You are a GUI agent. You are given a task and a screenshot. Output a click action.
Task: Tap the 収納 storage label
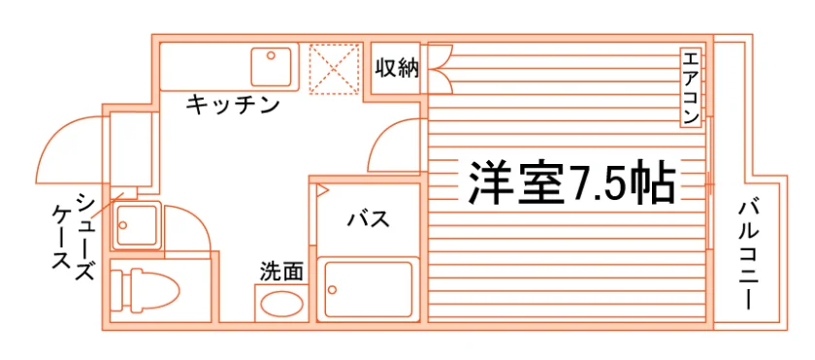coord(397,68)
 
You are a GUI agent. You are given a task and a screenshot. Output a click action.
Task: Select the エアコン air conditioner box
coord(691,87)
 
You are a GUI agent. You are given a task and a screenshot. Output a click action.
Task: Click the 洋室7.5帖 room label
coord(571,182)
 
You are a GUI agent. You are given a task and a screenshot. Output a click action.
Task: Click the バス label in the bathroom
coord(369,219)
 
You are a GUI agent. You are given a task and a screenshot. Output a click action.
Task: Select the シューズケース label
coord(74,237)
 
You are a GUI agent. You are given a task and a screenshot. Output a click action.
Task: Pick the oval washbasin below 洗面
coord(280,304)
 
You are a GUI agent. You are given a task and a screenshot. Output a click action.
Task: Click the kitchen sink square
coord(271,67)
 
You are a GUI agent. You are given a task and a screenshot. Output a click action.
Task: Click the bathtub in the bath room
coord(368,289)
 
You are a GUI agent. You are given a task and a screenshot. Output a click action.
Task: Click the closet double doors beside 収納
coord(440,69)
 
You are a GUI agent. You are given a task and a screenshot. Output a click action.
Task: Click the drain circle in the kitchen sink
coord(271,55)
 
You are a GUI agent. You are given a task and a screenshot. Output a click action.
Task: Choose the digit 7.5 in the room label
coord(596,184)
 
